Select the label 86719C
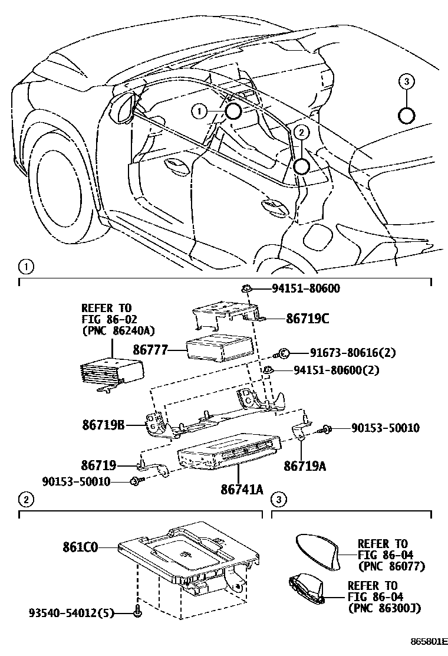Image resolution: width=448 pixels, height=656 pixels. (x=307, y=319)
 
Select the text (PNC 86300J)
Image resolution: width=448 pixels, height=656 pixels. (x=383, y=607)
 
